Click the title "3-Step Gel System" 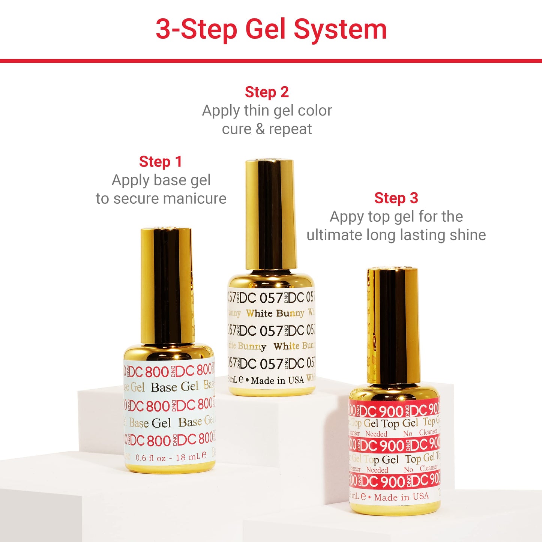point(271,29)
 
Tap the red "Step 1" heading point(161,162)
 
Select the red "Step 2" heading point(267,92)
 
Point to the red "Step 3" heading point(396,198)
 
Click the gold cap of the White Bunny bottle point(270,214)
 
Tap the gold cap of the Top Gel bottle point(393,324)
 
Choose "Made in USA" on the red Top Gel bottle point(401,497)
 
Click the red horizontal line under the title point(271,61)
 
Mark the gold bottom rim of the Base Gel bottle point(170,468)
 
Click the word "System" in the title point(340,29)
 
